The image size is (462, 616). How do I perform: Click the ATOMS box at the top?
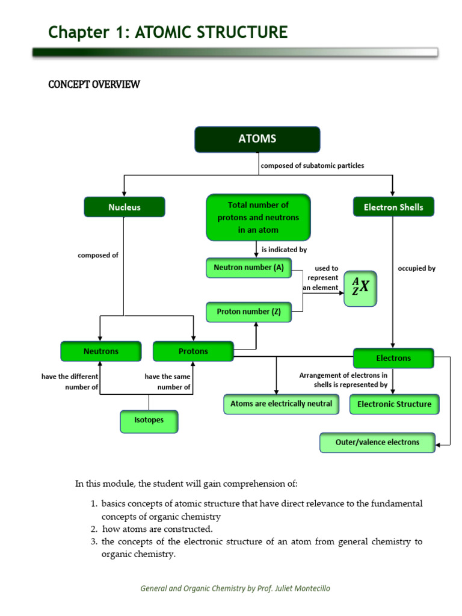tap(257, 139)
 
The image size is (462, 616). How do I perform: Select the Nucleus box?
tap(124, 207)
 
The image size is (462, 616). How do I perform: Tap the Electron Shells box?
tap(393, 207)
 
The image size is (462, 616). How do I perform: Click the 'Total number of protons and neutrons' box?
tap(258, 217)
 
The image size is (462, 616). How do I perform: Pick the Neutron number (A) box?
tap(248, 268)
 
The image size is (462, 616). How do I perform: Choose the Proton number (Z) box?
tap(248, 312)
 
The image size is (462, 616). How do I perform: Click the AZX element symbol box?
tap(360, 288)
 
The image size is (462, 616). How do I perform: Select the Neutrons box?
tap(101, 351)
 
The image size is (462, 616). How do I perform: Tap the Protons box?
tap(193, 351)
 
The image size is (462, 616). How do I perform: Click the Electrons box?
tap(393, 358)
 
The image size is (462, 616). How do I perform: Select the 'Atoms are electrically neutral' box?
tap(281, 404)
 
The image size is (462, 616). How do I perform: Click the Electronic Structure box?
tap(394, 404)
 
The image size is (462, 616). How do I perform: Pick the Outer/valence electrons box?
tap(377, 442)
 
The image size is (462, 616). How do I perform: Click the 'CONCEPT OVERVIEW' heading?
tap(94, 84)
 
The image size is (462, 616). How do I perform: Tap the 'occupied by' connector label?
tap(416, 269)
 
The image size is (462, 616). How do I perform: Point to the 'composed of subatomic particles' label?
tap(312, 165)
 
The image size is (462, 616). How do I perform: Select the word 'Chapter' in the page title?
tap(74, 32)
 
